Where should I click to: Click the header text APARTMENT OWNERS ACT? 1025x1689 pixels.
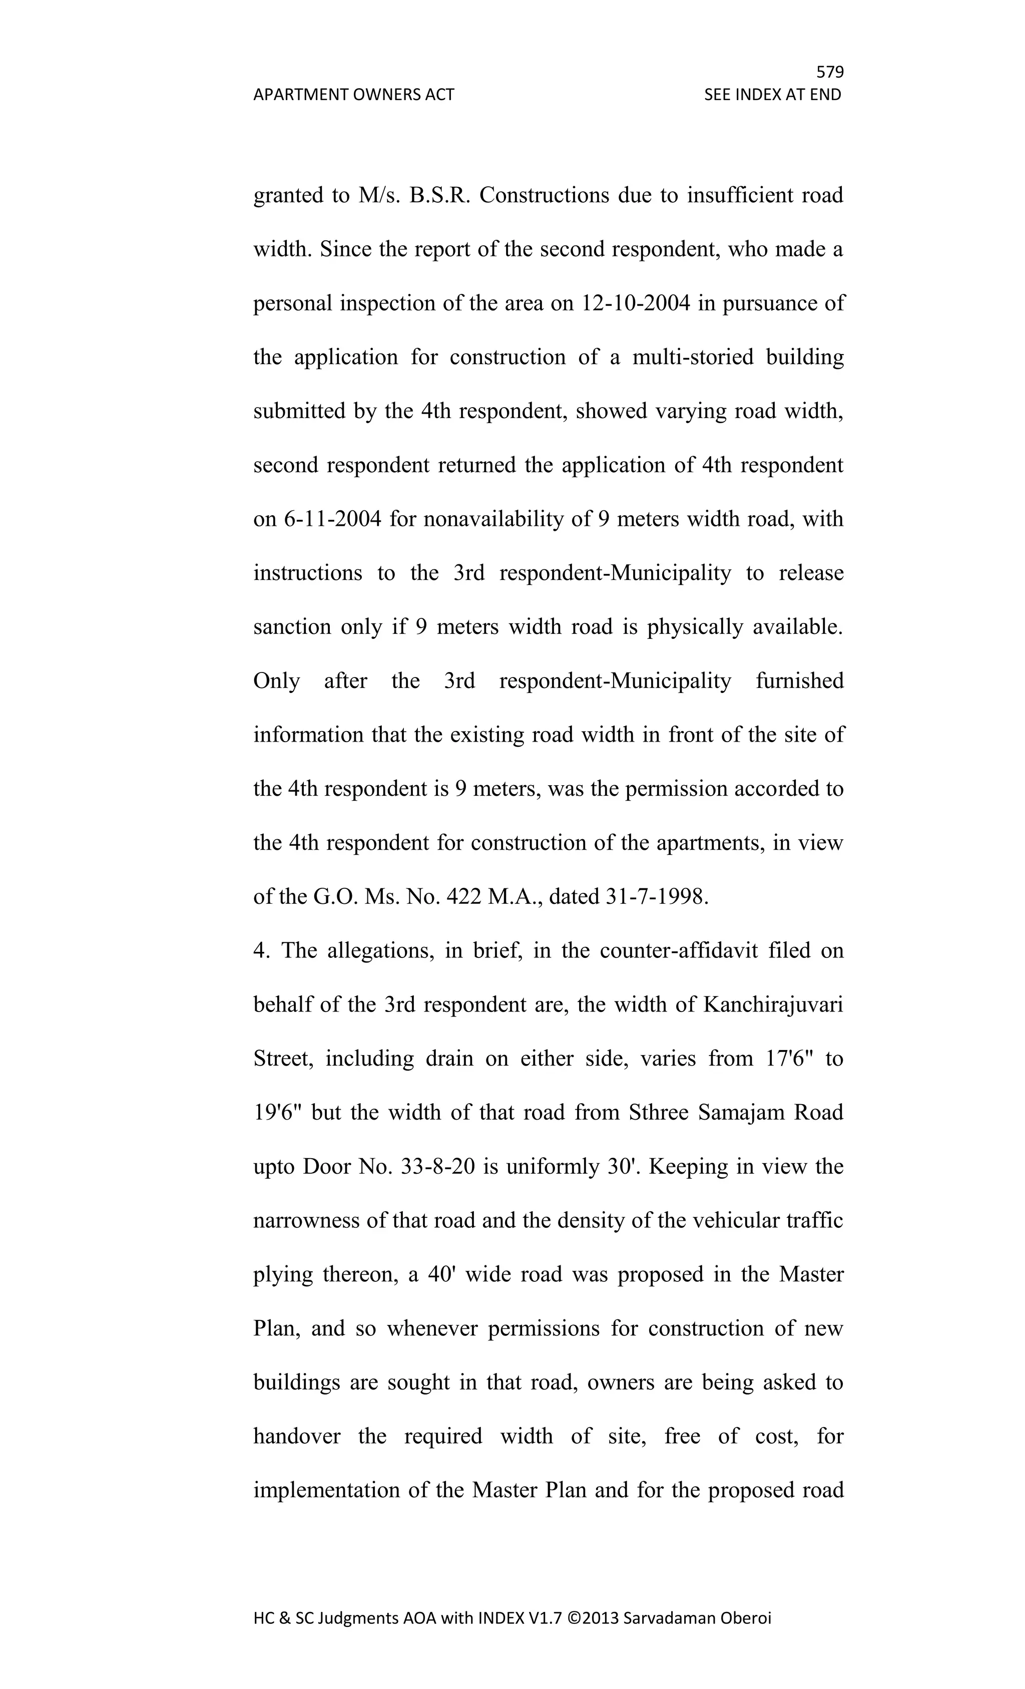(x=353, y=95)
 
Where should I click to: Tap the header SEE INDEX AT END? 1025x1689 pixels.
(x=772, y=95)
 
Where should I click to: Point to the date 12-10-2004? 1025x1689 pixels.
(x=635, y=303)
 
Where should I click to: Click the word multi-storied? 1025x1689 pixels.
(x=693, y=357)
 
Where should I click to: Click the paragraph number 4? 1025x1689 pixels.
(x=260, y=951)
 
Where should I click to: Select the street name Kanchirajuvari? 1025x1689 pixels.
(x=773, y=1005)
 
